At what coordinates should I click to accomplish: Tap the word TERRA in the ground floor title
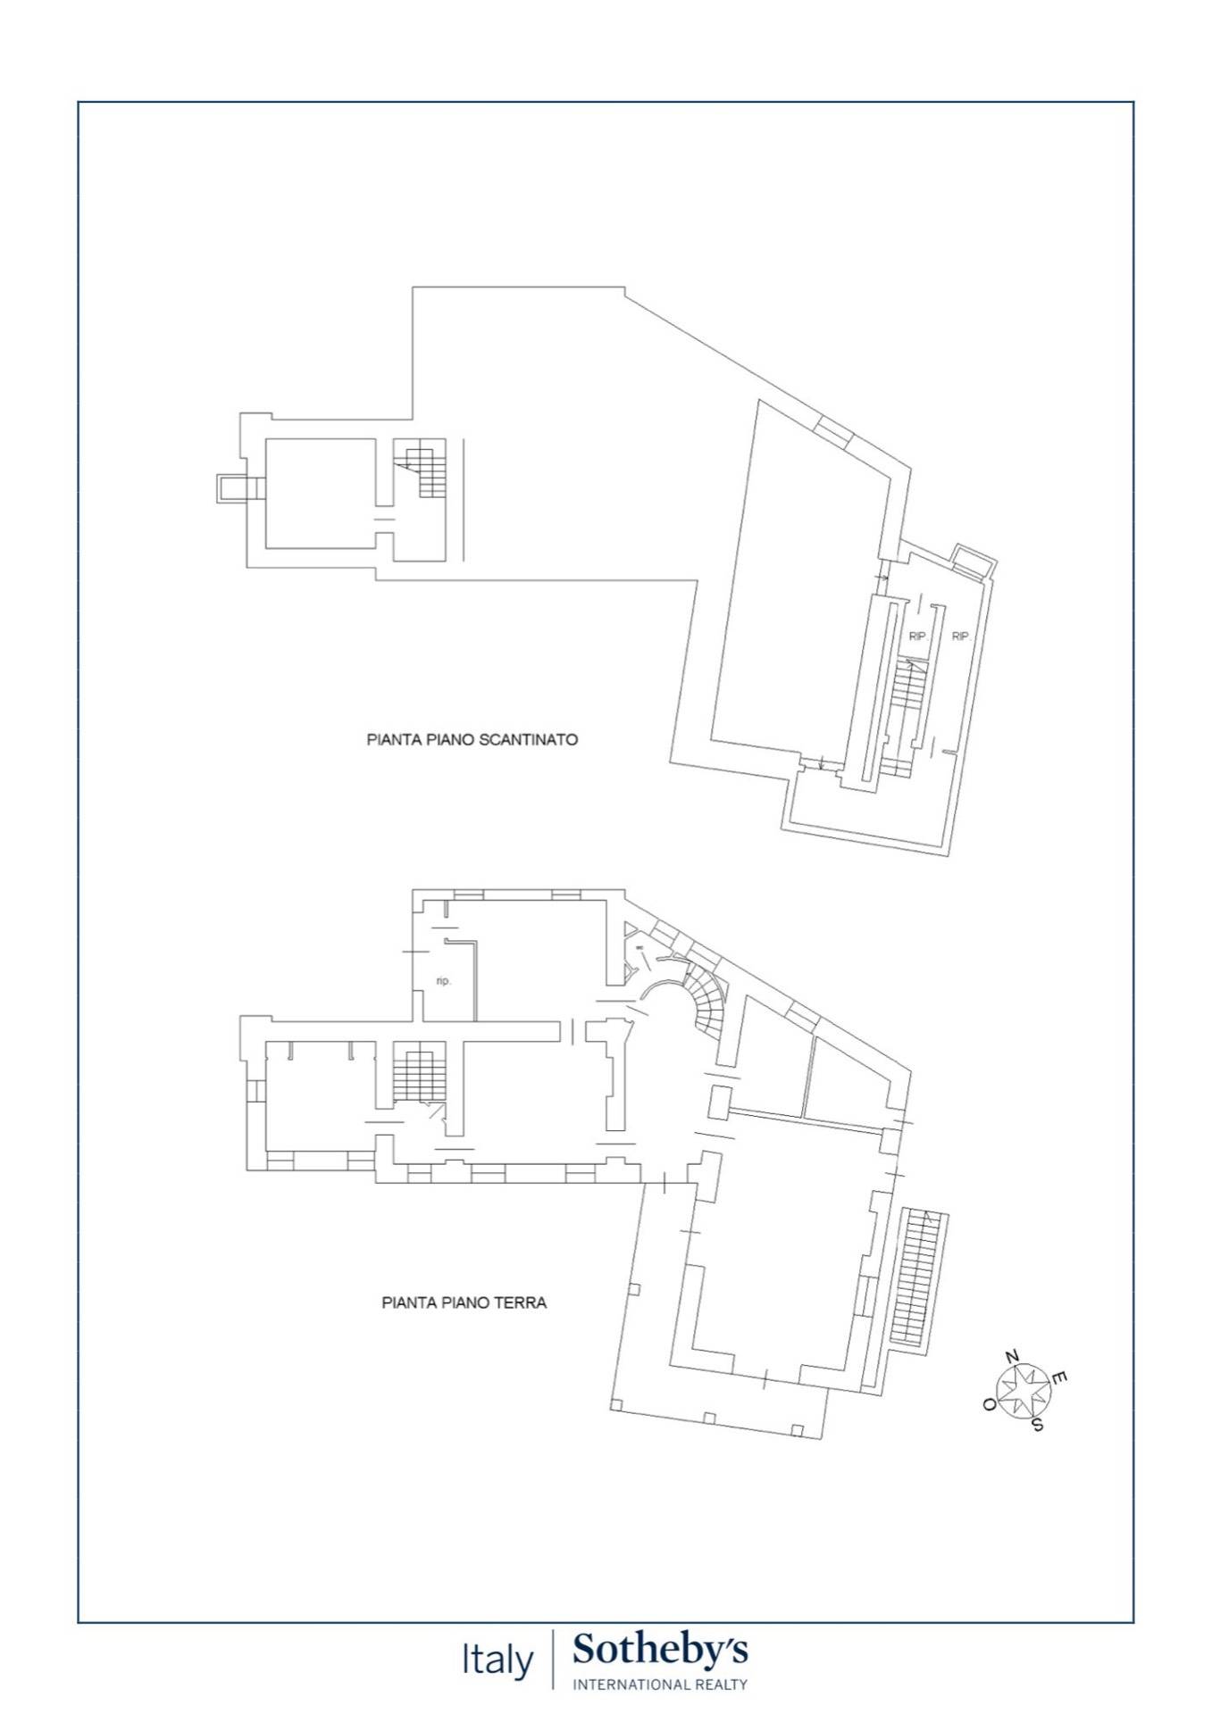pos(518,1302)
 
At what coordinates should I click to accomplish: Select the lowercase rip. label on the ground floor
pos(444,981)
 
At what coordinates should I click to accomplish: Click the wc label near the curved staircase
pos(639,947)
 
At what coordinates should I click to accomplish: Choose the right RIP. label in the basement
pos(961,637)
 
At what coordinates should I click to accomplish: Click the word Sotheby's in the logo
pos(660,1649)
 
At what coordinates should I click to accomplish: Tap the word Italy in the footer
pos(497,1660)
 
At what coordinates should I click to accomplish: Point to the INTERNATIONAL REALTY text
pos(660,1685)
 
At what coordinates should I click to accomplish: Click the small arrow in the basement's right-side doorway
pos(882,579)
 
